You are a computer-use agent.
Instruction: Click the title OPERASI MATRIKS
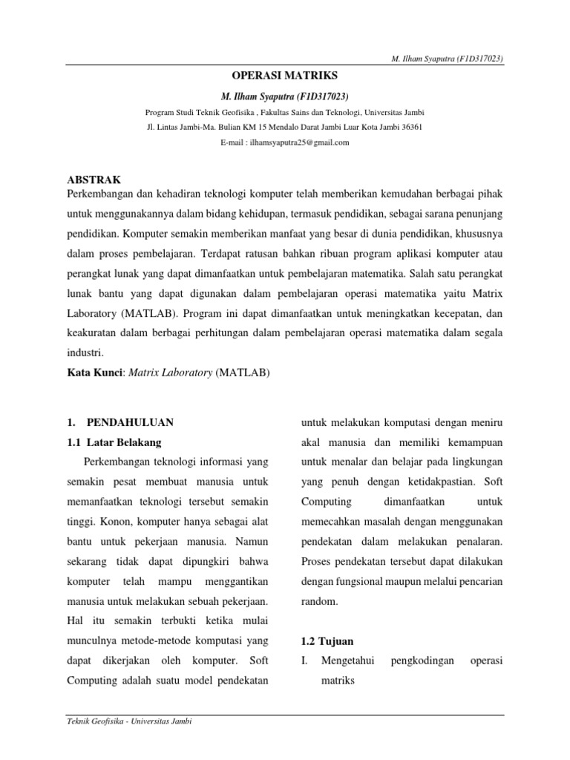pyautogui.click(x=284, y=76)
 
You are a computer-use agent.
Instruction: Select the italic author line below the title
pyautogui.click(x=284, y=97)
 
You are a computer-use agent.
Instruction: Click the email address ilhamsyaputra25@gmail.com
pyautogui.click(x=284, y=142)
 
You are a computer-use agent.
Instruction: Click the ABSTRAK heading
pyautogui.click(x=94, y=180)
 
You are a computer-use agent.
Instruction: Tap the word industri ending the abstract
pyautogui.click(x=85, y=353)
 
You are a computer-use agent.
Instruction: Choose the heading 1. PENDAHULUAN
pyautogui.click(x=119, y=422)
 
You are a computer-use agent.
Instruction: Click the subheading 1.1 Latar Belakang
pyautogui.click(x=114, y=442)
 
